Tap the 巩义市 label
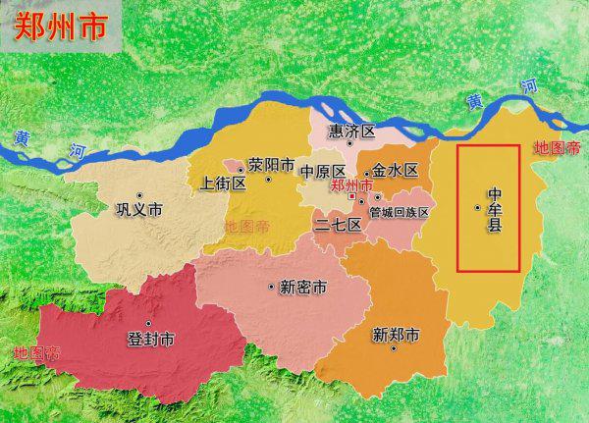[x=138, y=210]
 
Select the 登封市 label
[x=151, y=340]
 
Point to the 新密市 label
[x=303, y=288]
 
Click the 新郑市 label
[x=396, y=335]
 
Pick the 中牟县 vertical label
[x=495, y=209]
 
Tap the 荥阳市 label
[x=271, y=165]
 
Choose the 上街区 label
[x=220, y=183]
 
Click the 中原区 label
[x=323, y=170]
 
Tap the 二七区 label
[x=338, y=224]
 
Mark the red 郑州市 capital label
[x=350, y=184]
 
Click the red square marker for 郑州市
[x=351, y=196]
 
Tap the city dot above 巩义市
[x=139, y=194]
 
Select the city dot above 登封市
[x=149, y=323]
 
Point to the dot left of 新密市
[x=271, y=287]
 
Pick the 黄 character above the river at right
[x=475, y=101]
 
